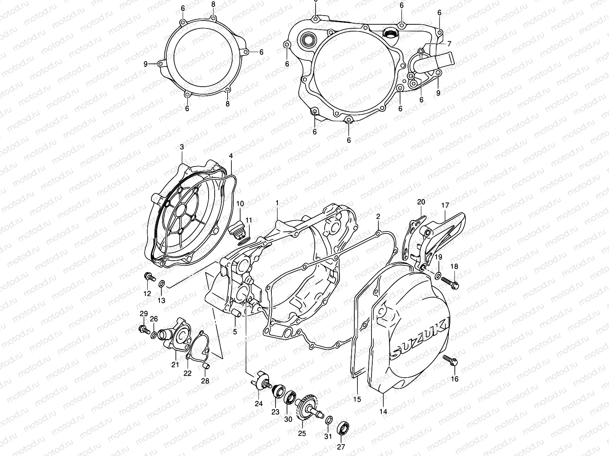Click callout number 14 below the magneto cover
tap(383, 412)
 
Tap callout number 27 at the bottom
tap(341, 447)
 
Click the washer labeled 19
tap(438, 275)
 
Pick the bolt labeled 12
tap(149, 277)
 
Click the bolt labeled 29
tap(143, 329)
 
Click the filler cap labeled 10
tap(238, 228)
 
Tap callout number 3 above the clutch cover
tap(182, 147)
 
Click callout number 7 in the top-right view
tap(449, 44)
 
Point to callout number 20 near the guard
tap(421, 202)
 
